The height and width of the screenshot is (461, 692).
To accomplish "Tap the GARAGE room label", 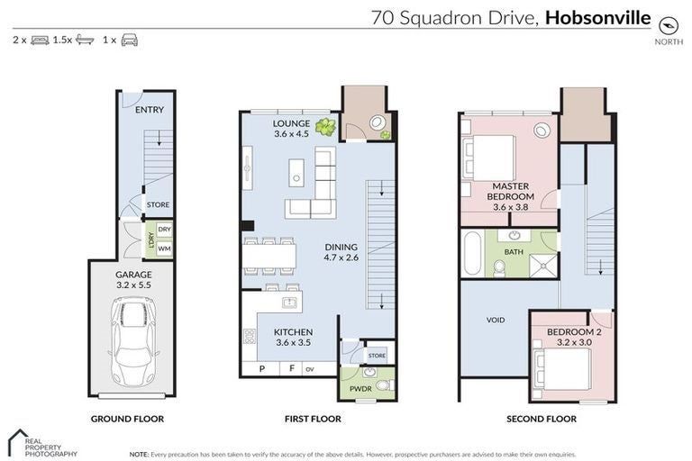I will [x=132, y=275].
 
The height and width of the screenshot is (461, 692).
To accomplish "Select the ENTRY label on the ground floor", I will [x=149, y=110].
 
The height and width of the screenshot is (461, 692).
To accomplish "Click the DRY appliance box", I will [x=164, y=230].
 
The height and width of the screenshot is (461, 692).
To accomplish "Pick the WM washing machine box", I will [x=164, y=249].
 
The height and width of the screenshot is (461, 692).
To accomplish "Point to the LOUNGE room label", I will [x=292, y=123].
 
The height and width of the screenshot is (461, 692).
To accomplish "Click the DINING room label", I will [x=341, y=247].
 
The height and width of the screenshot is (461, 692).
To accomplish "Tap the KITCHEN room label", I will [x=293, y=332].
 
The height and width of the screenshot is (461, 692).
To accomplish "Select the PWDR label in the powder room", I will [x=360, y=389].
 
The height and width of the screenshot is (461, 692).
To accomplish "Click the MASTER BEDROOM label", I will [x=510, y=191].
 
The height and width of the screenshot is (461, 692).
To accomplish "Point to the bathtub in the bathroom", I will [x=473, y=253].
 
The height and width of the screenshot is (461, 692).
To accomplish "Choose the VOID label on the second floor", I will [x=496, y=320].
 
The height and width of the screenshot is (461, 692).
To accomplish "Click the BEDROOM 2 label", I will [x=573, y=332].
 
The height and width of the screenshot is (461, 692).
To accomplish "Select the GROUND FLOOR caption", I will [x=127, y=419].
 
